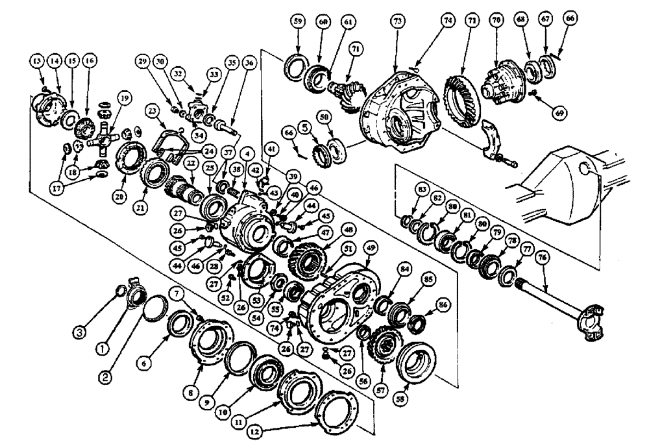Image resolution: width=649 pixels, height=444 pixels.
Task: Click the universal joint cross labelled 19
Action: coord(104,141)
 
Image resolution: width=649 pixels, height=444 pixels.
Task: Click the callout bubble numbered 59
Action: coord(297,21)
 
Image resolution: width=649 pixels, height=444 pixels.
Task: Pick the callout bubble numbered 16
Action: coord(89,61)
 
